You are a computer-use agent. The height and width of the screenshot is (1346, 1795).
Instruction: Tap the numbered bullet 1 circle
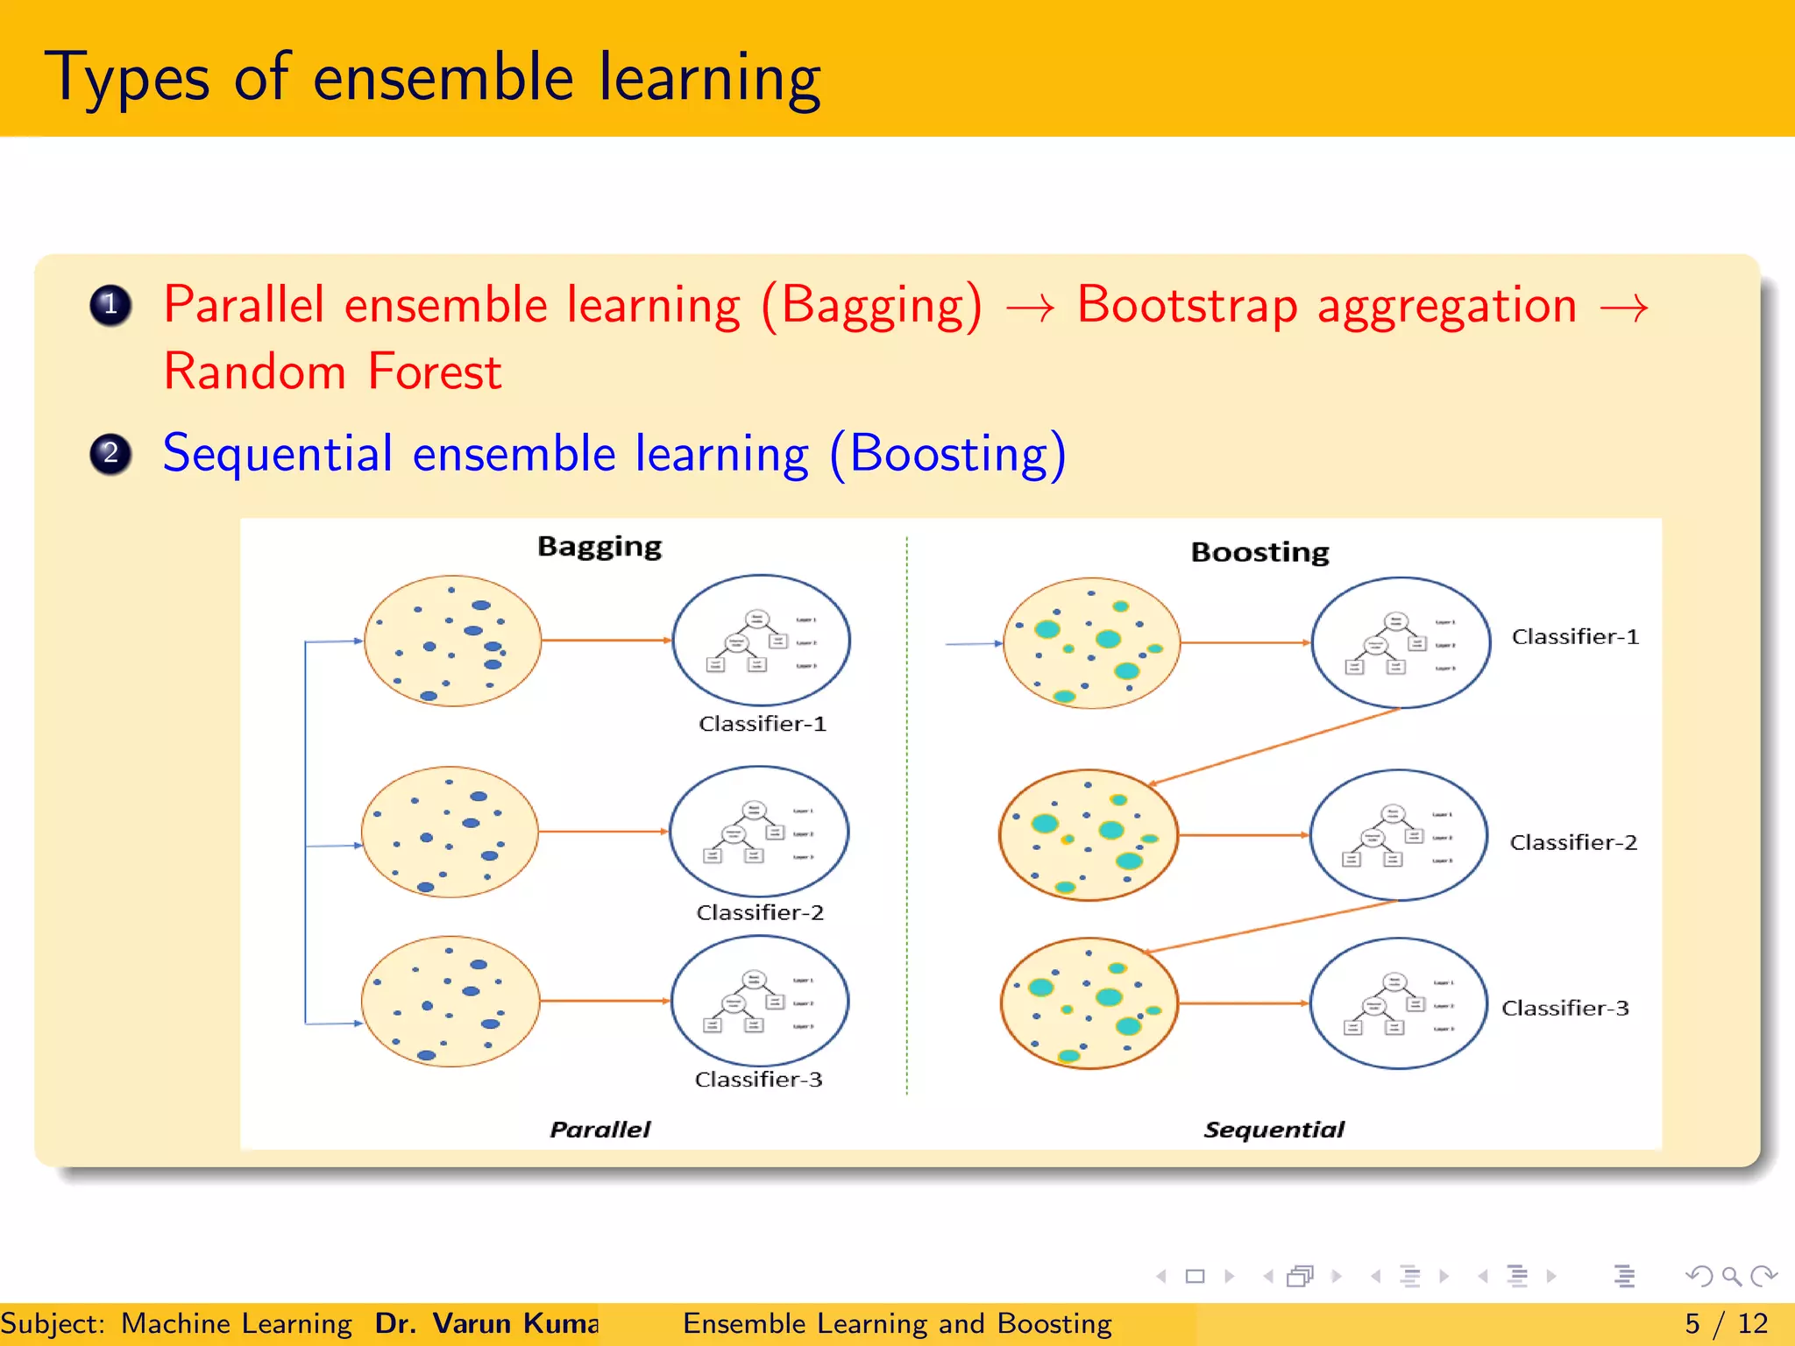(110, 306)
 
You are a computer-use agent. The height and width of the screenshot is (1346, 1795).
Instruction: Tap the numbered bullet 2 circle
(110, 454)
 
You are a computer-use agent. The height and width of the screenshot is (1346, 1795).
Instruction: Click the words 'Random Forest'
(332, 372)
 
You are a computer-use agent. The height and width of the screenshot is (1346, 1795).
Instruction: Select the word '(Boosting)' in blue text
(947, 455)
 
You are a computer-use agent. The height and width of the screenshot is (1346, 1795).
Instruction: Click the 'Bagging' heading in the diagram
(600, 547)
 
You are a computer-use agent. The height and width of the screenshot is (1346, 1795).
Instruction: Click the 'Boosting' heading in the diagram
(1259, 552)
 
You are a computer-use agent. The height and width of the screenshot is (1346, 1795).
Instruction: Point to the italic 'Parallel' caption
(600, 1130)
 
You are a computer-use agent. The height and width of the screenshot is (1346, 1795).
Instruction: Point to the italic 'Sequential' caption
(1274, 1130)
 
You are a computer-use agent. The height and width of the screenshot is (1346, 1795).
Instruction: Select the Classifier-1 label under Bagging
(762, 724)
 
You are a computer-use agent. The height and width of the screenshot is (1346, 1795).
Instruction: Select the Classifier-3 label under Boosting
(1564, 1008)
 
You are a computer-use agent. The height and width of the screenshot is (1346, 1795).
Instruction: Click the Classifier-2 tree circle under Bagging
(759, 831)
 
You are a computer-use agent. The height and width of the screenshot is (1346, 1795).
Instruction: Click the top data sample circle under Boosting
(1091, 642)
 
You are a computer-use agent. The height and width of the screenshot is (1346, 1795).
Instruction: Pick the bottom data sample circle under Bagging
(451, 1001)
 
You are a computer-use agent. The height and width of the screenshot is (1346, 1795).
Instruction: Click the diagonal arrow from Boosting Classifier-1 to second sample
(1275, 746)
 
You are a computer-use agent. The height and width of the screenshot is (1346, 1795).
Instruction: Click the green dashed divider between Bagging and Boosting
(906, 815)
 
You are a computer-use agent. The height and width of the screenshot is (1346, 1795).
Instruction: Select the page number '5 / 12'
(1726, 1323)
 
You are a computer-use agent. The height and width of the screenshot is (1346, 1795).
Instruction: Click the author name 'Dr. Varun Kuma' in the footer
(486, 1323)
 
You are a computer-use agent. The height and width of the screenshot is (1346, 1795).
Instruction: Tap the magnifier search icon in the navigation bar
(1731, 1276)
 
